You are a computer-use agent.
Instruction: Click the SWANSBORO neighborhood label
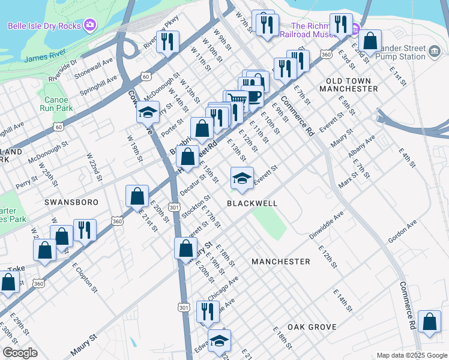[71, 203]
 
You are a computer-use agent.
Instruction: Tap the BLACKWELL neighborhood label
[252, 203]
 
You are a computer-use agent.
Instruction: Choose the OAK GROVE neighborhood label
[310, 327]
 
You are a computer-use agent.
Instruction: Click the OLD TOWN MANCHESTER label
[352, 84]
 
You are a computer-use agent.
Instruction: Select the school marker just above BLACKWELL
[242, 178]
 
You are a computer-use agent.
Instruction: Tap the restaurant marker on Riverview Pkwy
[167, 41]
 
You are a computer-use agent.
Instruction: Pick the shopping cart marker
[237, 101]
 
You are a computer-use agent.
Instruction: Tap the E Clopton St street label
[85, 277]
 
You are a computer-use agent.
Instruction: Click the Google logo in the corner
[20, 353]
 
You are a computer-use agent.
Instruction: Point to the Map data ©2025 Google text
[412, 355]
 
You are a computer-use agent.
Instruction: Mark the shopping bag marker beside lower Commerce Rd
[429, 322]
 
